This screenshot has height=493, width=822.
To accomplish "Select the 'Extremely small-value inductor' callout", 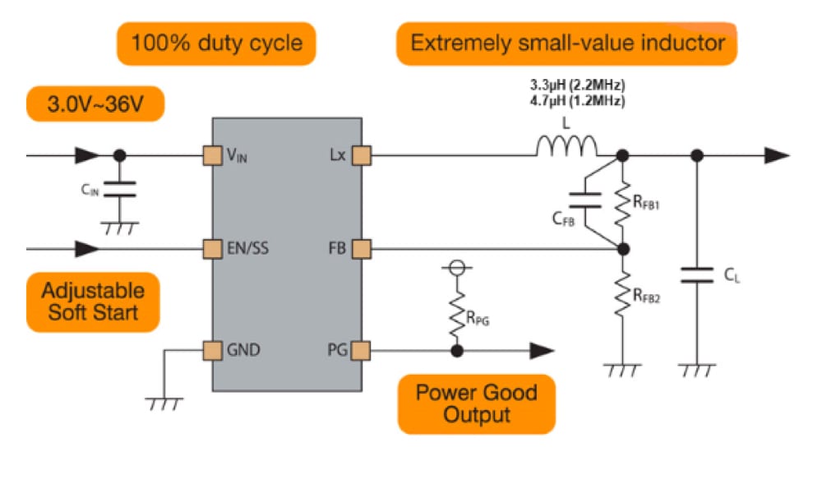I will click(567, 43).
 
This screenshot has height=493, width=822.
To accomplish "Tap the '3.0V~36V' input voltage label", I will click(95, 105).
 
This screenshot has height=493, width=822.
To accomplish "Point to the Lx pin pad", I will click(363, 154).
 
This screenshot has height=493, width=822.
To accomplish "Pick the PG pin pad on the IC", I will click(363, 351).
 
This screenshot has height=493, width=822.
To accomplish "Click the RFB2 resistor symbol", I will click(622, 293).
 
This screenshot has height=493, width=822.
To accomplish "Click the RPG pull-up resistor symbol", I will click(456, 312).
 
